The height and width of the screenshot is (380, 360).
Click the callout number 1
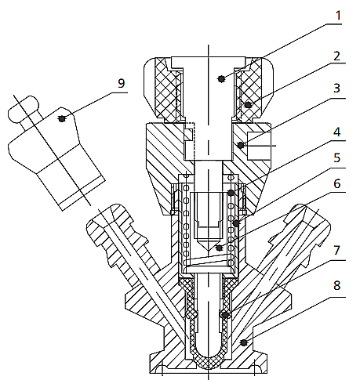point(338,16)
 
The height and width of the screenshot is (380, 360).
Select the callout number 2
point(336,56)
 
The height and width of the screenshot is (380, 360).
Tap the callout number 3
point(336,89)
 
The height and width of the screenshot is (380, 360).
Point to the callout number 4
point(337,132)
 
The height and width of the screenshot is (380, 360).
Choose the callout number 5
point(337,158)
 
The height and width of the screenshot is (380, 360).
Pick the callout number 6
point(337,184)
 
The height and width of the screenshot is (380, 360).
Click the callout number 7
point(337,251)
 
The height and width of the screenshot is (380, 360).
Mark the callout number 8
point(337,285)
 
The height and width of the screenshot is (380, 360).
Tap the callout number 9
point(122,83)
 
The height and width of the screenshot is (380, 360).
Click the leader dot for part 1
point(221,78)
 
